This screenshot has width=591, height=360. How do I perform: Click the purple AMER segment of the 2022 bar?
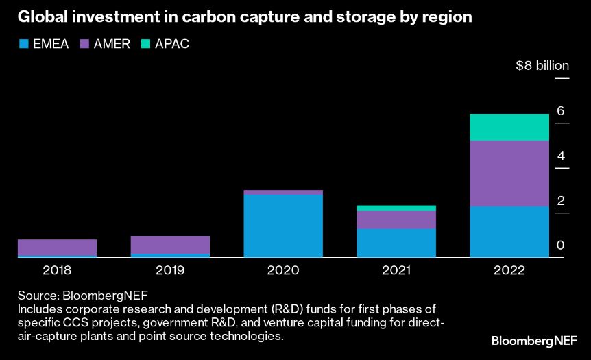(509, 173)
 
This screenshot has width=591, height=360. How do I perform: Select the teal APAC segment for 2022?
(509, 127)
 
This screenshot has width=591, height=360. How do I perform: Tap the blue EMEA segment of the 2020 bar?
(283, 226)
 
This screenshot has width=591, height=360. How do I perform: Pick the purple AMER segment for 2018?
(57, 248)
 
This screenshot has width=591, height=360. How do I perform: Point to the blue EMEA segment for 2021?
(396, 243)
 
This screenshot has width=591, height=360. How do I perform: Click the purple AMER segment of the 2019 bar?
(170, 245)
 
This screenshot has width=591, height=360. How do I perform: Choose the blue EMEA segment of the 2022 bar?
(509, 232)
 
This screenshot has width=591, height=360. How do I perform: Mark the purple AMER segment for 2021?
(396, 219)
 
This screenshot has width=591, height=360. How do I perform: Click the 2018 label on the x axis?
(57, 270)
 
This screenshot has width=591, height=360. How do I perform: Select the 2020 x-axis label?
(283, 270)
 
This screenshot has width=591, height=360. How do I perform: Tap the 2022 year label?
(509, 270)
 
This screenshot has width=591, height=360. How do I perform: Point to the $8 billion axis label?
(542, 66)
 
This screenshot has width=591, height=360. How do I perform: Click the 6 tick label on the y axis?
(560, 111)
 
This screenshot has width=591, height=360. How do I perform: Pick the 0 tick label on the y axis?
(560, 245)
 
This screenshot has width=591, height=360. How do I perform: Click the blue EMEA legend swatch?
(23, 44)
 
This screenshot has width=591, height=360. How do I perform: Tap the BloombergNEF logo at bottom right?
(534, 341)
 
